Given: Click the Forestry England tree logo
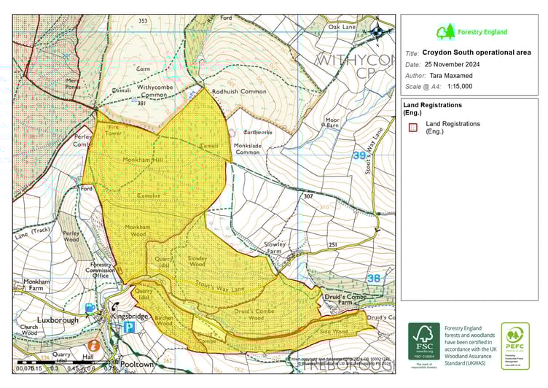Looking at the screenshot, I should pyautogui.click(x=445, y=32).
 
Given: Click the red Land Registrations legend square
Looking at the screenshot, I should pyautogui.click(x=412, y=127).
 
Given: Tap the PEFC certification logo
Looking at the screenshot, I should pyautogui.click(x=515, y=346).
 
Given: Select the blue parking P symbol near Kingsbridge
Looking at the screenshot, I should pyautogui.click(x=128, y=327).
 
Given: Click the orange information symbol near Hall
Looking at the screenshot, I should pyautogui.click(x=93, y=344).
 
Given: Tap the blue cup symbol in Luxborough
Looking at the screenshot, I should pyautogui.click(x=90, y=309).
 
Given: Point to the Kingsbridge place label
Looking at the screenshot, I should pyautogui.click(x=131, y=317).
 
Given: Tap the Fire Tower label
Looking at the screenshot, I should pyautogui.click(x=114, y=130).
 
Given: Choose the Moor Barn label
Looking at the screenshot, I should pyautogui.click(x=332, y=122).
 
